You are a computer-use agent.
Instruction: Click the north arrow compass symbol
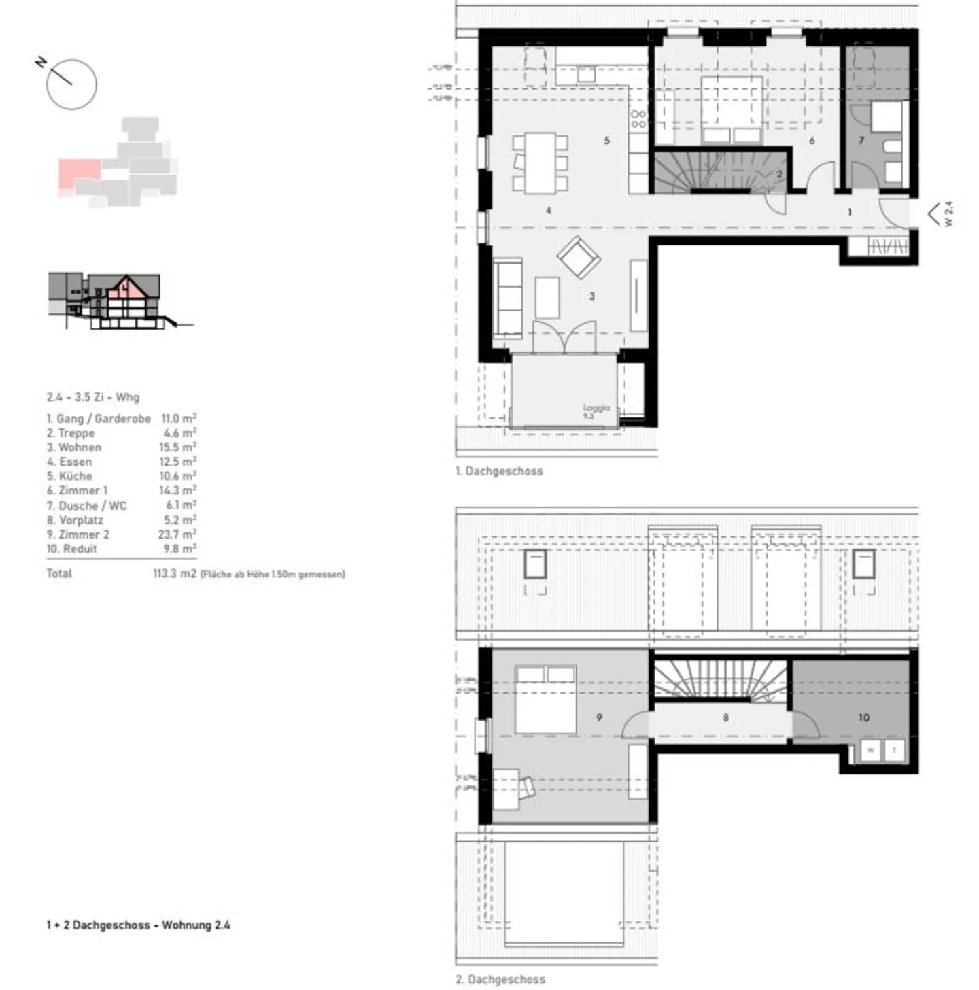pyautogui.click(x=71, y=84)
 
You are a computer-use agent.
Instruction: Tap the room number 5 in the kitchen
pyautogui.click(x=606, y=141)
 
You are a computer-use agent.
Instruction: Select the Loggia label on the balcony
pyautogui.click(x=596, y=408)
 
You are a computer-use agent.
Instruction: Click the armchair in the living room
pyautogui.click(x=579, y=257)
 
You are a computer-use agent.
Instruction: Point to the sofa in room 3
pyautogui.click(x=507, y=298)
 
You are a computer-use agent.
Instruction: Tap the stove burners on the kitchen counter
pyautogui.click(x=638, y=120)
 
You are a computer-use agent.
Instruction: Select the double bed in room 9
pyautogui.click(x=545, y=700)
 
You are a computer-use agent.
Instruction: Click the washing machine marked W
pyautogui.click(x=870, y=751)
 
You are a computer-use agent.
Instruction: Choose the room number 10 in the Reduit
pyautogui.click(x=863, y=717)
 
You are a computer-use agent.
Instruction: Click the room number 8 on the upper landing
pyautogui.click(x=725, y=717)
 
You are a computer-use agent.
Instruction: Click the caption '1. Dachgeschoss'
pyautogui.click(x=499, y=471)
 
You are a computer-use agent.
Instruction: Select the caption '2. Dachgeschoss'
pyautogui.click(x=500, y=980)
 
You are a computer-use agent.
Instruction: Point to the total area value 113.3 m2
pyautogui.click(x=174, y=574)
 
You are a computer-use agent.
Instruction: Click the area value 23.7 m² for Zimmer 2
pyautogui.click(x=177, y=534)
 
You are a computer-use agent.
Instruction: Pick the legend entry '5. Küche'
pyautogui.click(x=69, y=476)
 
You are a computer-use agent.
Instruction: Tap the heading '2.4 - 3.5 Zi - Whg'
pyautogui.click(x=92, y=397)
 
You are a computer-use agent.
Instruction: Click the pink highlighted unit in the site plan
pyautogui.click(x=78, y=173)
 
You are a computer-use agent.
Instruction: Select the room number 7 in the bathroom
pyautogui.click(x=861, y=141)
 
